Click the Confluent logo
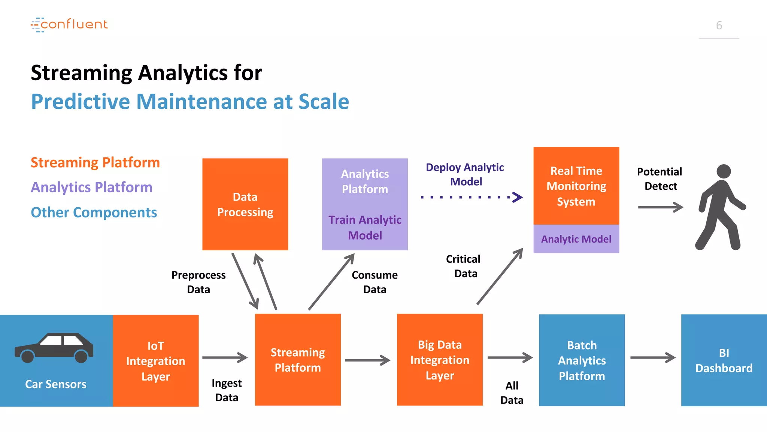tap(69, 25)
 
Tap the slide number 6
tap(719, 25)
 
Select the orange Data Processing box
tap(245, 204)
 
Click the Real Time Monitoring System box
tap(576, 186)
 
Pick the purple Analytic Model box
tap(576, 239)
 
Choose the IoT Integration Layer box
tap(155, 361)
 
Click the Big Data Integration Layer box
tap(440, 360)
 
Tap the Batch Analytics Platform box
tap(582, 360)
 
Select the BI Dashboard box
tap(724, 360)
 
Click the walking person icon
tap(719, 207)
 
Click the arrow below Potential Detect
tap(660, 207)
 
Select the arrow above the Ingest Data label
tap(225, 357)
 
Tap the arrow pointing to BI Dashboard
tap(652, 357)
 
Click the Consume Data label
tap(375, 282)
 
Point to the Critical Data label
tap(464, 266)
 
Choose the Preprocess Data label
tap(198, 282)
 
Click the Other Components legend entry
tap(94, 212)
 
